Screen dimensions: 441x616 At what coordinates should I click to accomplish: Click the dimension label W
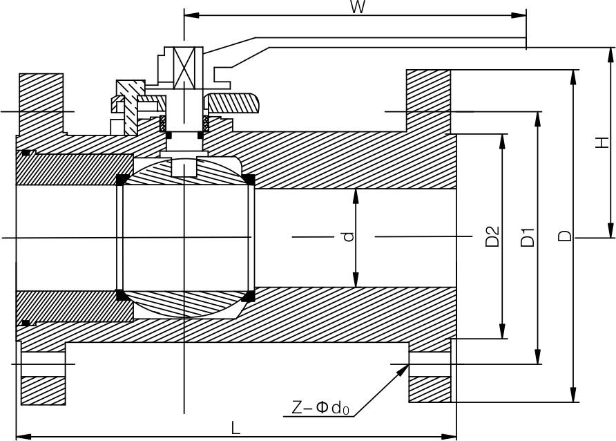[357, 8]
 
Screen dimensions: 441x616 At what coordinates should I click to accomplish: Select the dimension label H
[602, 142]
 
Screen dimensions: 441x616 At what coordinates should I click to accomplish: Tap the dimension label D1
[528, 237]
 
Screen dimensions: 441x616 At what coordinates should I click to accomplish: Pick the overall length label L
[235, 428]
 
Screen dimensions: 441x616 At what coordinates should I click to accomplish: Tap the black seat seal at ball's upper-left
[122, 180]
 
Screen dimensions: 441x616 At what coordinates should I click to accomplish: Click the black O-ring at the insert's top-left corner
[26, 152]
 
